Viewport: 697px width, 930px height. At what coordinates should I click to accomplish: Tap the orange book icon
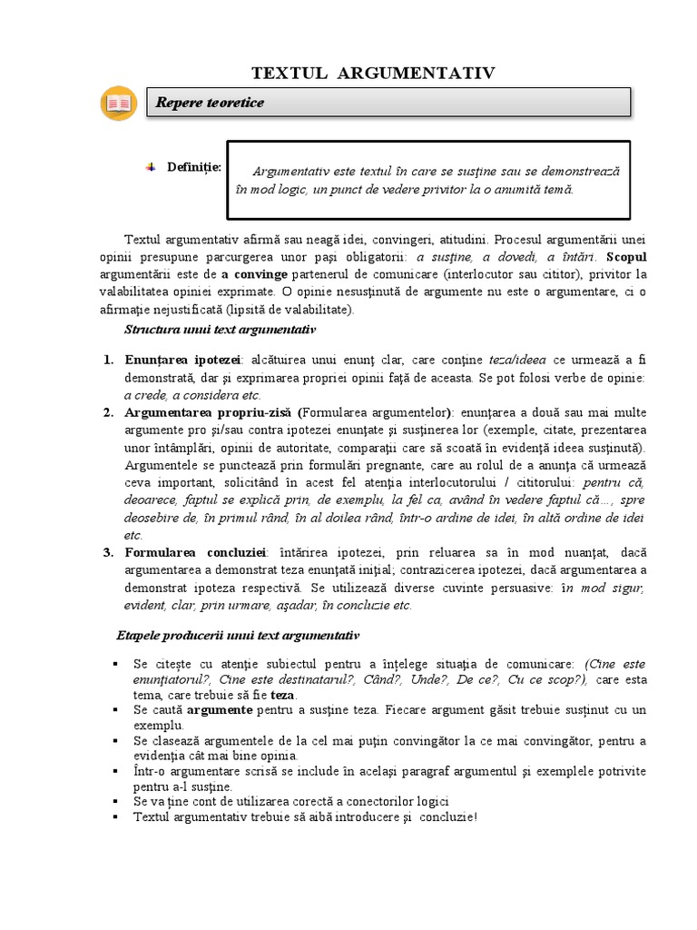click(x=118, y=104)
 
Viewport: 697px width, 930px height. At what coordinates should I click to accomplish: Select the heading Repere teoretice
click(x=210, y=104)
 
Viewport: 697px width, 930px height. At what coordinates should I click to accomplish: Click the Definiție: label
click(x=193, y=166)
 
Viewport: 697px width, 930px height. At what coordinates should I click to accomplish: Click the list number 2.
click(x=107, y=412)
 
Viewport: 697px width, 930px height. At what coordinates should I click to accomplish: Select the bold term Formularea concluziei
click(x=196, y=553)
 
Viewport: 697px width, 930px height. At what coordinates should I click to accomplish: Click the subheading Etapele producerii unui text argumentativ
click(x=238, y=635)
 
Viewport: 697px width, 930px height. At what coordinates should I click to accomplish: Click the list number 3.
click(x=107, y=553)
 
